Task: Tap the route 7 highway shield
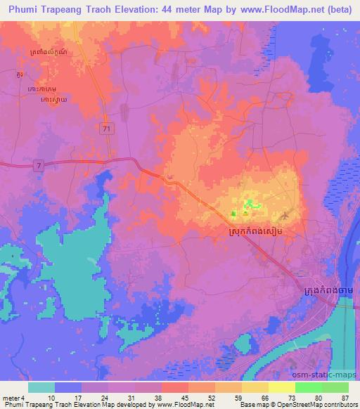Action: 39,164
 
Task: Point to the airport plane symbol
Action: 284,214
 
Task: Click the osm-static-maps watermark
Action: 333,376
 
